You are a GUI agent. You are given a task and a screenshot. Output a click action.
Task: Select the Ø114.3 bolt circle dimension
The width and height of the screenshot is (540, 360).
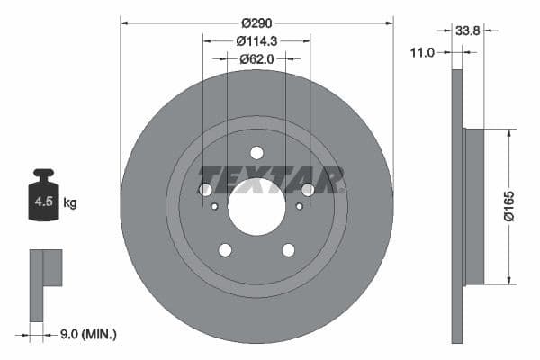(256, 40)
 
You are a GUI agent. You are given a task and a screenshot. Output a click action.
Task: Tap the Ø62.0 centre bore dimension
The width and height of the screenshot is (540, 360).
(256, 59)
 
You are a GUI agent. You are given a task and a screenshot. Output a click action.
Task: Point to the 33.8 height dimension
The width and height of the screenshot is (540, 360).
(467, 30)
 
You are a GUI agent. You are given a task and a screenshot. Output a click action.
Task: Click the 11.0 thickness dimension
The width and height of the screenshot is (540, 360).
(423, 53)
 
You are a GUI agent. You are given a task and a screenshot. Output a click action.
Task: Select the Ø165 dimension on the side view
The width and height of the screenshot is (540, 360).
(508, 206)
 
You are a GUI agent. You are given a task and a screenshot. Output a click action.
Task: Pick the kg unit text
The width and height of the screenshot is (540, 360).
(70, 203)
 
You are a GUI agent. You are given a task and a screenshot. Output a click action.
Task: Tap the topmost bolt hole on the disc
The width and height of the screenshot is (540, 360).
(256, 153)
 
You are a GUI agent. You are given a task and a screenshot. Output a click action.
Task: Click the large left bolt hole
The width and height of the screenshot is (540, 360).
(205, 190)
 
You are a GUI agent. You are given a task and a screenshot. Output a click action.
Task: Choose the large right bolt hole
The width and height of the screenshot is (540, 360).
(308, 190)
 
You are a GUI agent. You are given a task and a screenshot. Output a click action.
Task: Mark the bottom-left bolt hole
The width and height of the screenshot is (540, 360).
(225, 250)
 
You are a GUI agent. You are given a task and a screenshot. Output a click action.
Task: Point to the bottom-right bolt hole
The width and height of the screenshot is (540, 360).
(288, 250)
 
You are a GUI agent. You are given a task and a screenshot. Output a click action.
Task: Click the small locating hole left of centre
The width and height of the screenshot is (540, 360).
(214, 206)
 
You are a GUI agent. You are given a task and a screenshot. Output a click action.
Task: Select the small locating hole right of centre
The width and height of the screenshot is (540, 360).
(299, 206)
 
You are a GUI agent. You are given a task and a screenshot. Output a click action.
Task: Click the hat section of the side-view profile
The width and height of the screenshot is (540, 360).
(473, 206)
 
